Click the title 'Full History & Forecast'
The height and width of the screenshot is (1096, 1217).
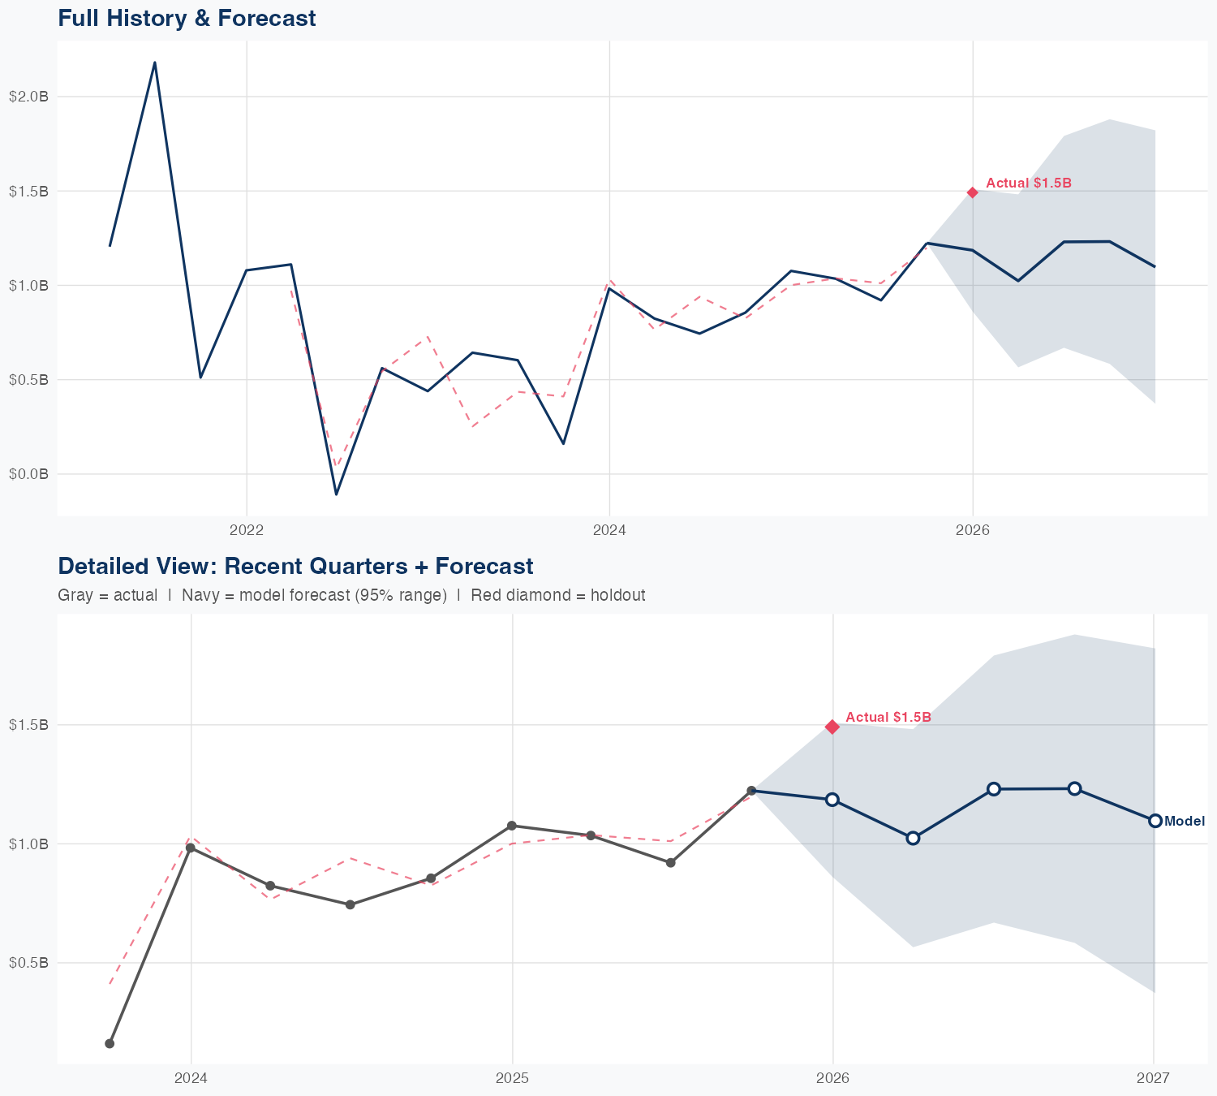pos(187,18)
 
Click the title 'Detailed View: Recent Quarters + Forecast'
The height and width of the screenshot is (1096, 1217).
pos(295,566)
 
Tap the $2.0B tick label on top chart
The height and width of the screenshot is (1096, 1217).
pos(28,97)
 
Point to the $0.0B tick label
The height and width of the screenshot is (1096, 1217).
pos(28,473)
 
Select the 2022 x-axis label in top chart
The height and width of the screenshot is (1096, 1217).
pos(247,530)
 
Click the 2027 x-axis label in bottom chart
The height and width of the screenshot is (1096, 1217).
pos(1153,1078)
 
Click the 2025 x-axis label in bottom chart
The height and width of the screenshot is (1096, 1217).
pos(512,1078)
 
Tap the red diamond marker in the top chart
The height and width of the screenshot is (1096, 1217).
pos(973,192)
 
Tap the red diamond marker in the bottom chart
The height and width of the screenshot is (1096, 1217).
pos(832,727)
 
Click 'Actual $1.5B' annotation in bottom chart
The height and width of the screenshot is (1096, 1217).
pos(888,718)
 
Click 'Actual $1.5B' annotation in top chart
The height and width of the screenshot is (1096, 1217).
pos(1029,183)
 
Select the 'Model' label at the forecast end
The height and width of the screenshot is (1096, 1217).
pos(1185,822)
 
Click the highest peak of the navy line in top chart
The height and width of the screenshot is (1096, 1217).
pos(155,63)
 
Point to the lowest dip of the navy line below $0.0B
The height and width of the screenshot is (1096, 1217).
pos(336,494)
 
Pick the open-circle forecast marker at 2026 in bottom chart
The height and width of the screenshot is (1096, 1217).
pos(832,800)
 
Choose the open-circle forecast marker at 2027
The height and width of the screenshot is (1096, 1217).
pos(1155,821)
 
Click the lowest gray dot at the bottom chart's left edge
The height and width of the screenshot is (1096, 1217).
pos(110,1043)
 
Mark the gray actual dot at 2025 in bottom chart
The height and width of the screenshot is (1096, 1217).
pos(512,826)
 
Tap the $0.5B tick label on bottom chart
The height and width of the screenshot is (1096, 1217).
pos(28,963)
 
